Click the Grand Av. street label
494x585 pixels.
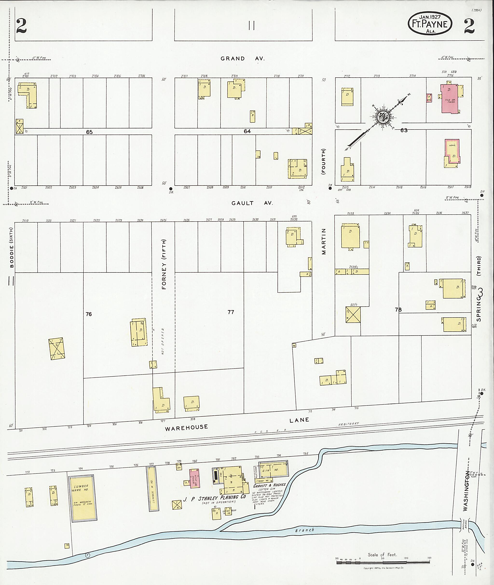pos(242,59)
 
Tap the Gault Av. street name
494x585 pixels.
pos(252,203)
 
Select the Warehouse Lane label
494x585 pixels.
pos(237,424)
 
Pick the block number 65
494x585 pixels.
pos(89,132)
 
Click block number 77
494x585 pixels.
pos(231,312)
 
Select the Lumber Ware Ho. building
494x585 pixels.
pos(82,498)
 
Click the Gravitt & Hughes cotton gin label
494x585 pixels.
pos(269,485)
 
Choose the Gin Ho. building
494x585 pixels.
pos(273,470)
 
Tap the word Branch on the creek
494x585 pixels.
pos(305,530)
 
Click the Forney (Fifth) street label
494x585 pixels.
pos(164,264)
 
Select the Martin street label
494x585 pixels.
pos(324,241)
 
